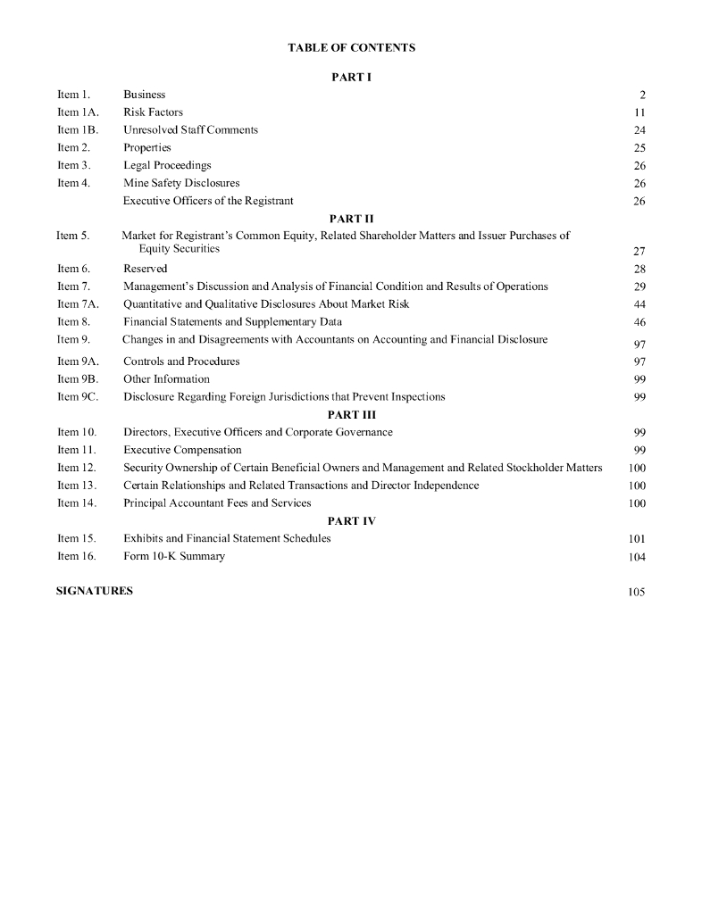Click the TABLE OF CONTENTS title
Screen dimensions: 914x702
click(351, 47)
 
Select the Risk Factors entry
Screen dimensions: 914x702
click(153, 112)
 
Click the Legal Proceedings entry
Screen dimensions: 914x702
click(167, 165)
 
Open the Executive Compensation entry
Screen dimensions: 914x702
click(182, 450)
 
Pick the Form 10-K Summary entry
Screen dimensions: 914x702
click(174, 556)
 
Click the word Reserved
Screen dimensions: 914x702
click(145, 269)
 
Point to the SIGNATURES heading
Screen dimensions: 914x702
click(95, 591)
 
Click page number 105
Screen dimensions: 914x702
click(636, 592)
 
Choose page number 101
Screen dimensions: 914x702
click(636, 539)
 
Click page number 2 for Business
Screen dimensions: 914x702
click(642, 96)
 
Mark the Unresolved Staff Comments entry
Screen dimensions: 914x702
click(190, 129)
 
